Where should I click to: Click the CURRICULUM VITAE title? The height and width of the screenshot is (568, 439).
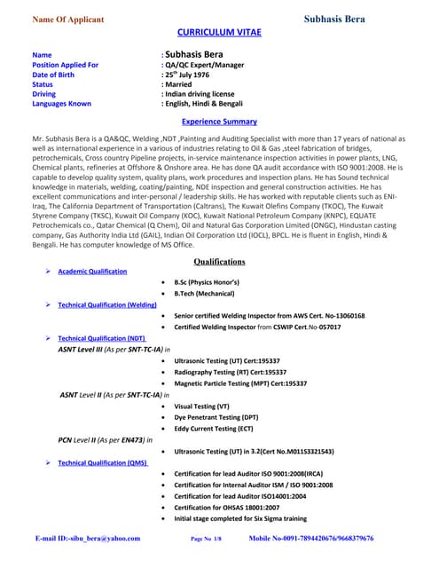(218, 30)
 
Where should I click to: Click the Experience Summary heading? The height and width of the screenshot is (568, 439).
(218, 122)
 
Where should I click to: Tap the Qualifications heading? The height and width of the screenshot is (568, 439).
(218, 262)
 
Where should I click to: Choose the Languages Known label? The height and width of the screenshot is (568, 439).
(67, 103)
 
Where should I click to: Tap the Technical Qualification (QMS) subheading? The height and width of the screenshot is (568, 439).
(103, 463)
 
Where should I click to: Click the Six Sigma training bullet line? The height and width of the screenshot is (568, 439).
(239, 517)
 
